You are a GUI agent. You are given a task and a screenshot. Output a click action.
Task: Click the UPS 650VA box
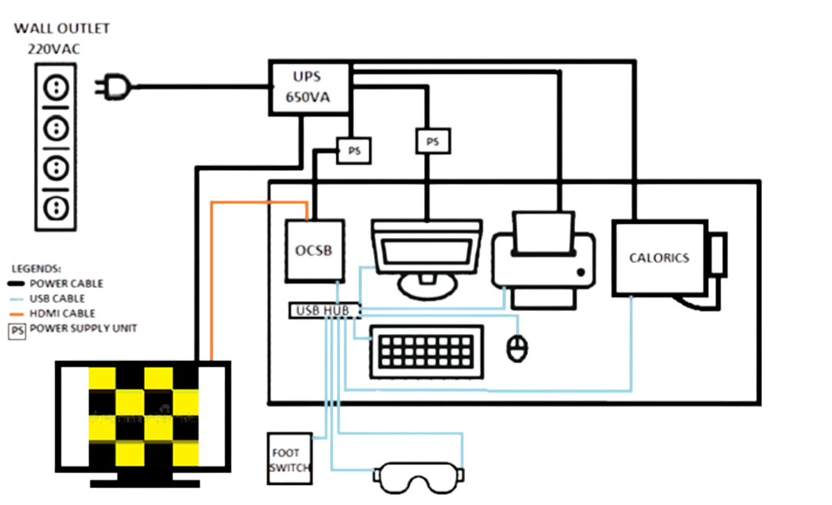point(307,87)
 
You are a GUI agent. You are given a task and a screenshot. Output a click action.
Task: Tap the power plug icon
point(112,85)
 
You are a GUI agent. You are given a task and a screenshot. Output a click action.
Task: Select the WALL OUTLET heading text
point(62,29)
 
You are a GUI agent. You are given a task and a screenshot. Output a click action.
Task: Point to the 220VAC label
point(54,48)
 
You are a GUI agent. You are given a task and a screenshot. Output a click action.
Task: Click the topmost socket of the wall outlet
point(55,86)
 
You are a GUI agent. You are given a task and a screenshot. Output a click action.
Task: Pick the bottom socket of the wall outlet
point(55,206)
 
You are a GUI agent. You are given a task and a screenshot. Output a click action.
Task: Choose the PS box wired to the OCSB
point(354,152)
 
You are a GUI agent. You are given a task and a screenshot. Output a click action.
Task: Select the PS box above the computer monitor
point(432,142)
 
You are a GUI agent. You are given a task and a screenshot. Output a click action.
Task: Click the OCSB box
point(314,251)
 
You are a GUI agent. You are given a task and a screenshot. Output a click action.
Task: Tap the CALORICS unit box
point(659,257)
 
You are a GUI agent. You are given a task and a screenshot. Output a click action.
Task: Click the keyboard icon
point(426,351)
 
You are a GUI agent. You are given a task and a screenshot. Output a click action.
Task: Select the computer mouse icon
point(517,347)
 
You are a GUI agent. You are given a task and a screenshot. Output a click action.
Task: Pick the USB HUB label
point(324,310)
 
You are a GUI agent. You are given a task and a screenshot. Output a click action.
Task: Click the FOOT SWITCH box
point(289,459)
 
